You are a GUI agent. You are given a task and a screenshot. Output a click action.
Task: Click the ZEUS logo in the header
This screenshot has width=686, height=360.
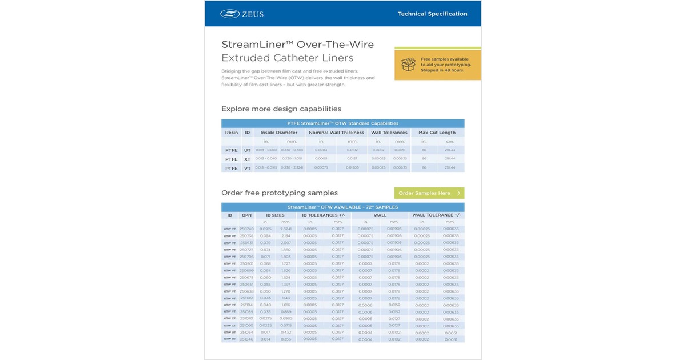pos(242,14)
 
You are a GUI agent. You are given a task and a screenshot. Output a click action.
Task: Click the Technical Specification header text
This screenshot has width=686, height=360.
pos(432,14)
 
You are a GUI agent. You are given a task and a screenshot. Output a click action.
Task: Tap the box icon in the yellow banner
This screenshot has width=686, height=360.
pos(408,64)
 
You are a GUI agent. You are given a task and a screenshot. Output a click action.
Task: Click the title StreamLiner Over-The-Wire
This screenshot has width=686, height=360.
pos(297,45)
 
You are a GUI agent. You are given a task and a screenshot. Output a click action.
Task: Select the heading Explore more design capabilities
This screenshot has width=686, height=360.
pos(281,109)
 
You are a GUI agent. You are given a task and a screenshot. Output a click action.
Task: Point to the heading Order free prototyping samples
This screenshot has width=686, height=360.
pos(280,193)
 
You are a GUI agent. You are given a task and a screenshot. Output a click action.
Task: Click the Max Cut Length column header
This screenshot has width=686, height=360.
pos(437,133)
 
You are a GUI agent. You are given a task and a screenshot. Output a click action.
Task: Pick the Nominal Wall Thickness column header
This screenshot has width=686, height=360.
pos(336,133)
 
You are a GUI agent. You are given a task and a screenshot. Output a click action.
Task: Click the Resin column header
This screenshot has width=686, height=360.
pos(231,133)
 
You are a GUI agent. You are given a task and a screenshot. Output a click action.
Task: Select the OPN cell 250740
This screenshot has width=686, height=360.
pos(246,229)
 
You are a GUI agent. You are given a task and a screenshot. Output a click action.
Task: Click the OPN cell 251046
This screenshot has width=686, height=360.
pos(246,339)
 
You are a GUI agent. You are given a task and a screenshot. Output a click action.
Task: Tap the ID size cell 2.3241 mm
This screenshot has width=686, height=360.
pos(285,229)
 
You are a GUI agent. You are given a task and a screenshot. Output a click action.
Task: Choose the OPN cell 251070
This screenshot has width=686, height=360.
pos(246,318)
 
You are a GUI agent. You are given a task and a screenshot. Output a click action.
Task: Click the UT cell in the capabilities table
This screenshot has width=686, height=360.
pos(248,150)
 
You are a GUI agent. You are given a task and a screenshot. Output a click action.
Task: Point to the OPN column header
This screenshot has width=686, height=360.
pos(246,215)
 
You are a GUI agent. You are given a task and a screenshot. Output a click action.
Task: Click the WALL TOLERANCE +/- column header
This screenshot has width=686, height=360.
pos(436,215)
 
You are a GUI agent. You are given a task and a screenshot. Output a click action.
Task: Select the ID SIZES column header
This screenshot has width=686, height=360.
pos(275,215)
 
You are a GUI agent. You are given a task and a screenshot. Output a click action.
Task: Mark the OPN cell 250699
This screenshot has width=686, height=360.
pos(246,270)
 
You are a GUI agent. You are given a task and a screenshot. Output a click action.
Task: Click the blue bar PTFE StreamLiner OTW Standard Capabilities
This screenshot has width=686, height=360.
pos(342,123)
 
